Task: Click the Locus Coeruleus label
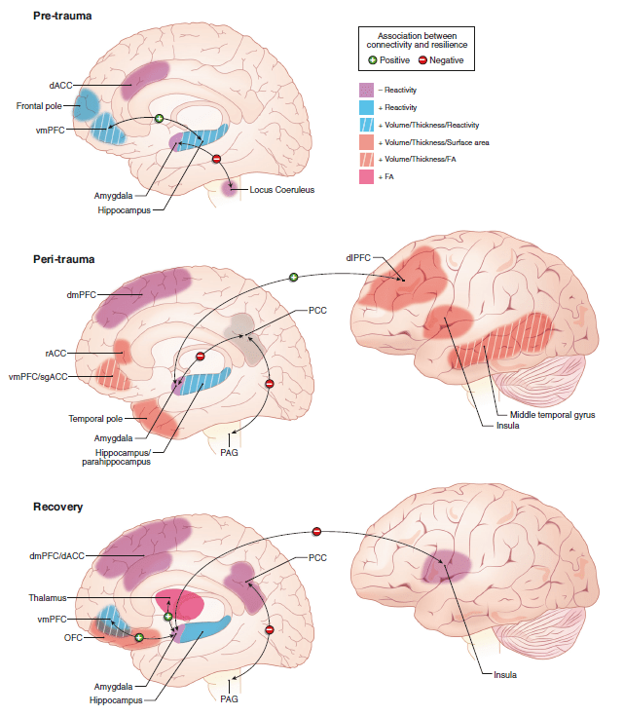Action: pyautogui.click(x=280, y=188)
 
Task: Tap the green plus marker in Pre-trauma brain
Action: pyautogui.click(x=160, y=119)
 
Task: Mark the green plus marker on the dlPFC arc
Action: pyautogui.click(x=293, y=279)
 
